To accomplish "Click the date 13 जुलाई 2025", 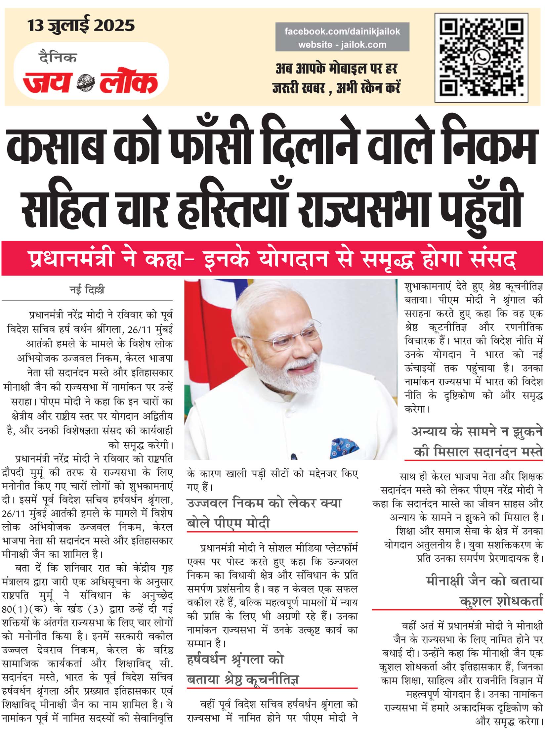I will point(81,25).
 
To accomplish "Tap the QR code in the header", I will point(481,58).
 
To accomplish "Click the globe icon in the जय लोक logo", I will point(85,83).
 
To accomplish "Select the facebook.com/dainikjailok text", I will point(342,31).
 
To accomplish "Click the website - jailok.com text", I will point(342,44).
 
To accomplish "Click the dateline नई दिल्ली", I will point(87,289).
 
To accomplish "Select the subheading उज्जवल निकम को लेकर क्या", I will point(264,503).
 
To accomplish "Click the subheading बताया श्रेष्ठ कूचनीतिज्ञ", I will point(243,679).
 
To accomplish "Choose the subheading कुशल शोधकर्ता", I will point(501,601).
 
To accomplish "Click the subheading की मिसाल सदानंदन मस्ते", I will point(478,452).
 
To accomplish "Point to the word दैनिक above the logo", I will point(58,57).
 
